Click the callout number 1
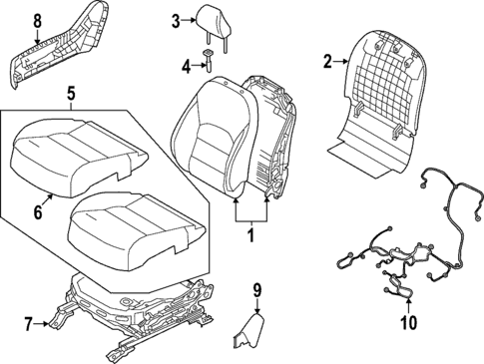pyautogui.click(x=249, y=235)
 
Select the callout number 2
pyautogui.click(x=326, y=62)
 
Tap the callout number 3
pyautogui.click(x=175, y=21)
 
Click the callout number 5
pyautogui.click(x=71, y=94)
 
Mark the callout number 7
pyautogui.click(x=27, y=322)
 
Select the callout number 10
pyautogui.click(x=406, y=323)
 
